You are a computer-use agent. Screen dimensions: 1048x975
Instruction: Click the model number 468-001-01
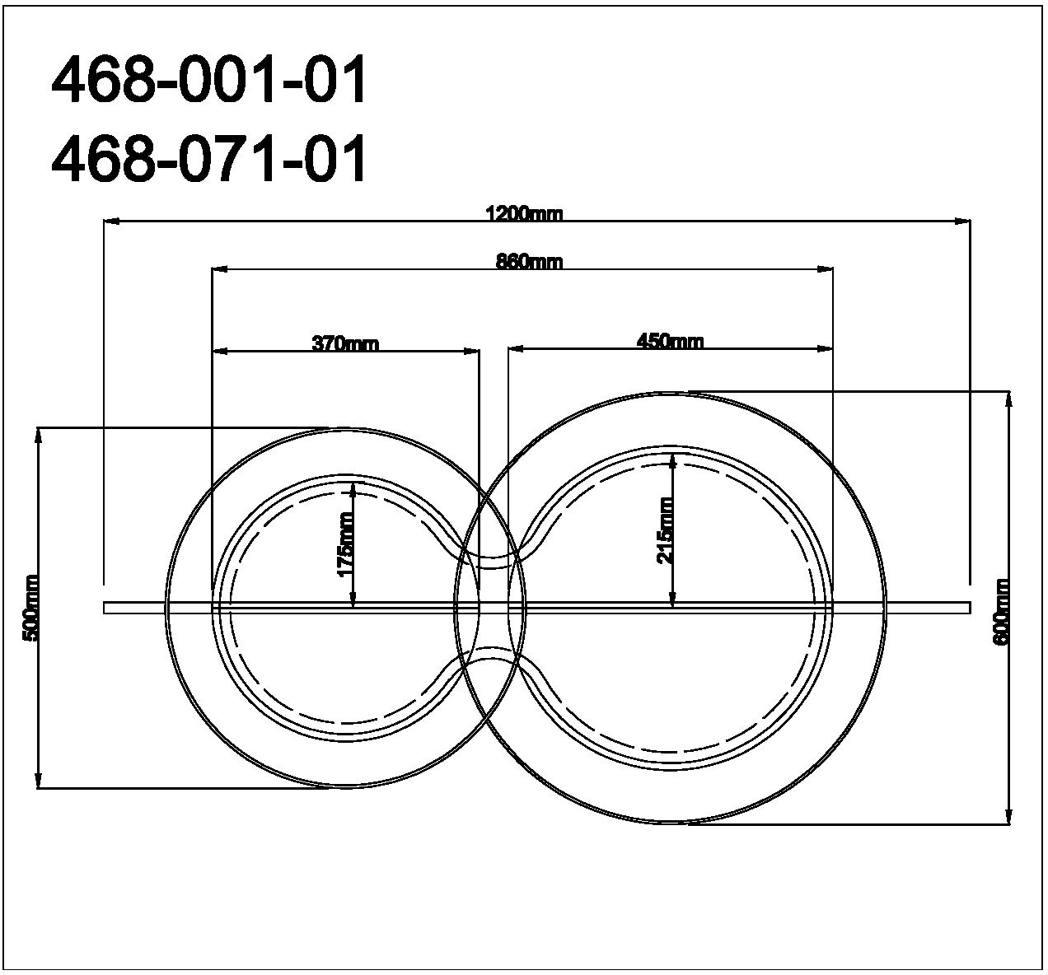click(x=209, y=79)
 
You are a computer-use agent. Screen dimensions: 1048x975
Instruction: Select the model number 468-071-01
click(x=209, y=158)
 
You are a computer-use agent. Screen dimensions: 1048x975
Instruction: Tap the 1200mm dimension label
click(x=524, y=214)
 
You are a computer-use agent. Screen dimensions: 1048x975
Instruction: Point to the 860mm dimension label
click(x=529, y=262)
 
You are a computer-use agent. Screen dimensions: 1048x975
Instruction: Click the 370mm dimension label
click(x=346, y=344)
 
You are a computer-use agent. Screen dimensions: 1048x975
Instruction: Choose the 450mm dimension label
click(x=670, y=342)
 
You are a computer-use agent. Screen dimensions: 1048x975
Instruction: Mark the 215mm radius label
click(x=666, y=531)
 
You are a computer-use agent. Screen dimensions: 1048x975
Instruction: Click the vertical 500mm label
click(x=30, y=609)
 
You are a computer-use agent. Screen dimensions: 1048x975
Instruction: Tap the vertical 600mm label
click(x=1001, y=612)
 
